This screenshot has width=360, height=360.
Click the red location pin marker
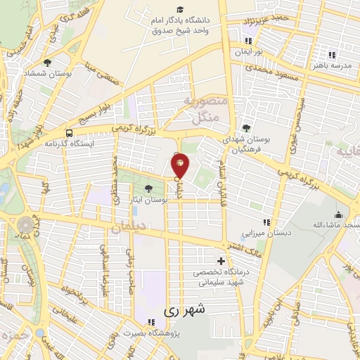(x=180, y=165)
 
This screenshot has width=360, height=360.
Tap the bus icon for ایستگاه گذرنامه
(x=69, y=131)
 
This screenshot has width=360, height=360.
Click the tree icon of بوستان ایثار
(x=148, y=188)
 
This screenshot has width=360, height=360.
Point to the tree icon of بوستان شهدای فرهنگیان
(x=245, y=127)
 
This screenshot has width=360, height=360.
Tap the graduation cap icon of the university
(x=181, y=9)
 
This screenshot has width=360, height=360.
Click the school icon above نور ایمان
(x=248, y=41)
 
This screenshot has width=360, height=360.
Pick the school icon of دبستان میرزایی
(x=266, y=223)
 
